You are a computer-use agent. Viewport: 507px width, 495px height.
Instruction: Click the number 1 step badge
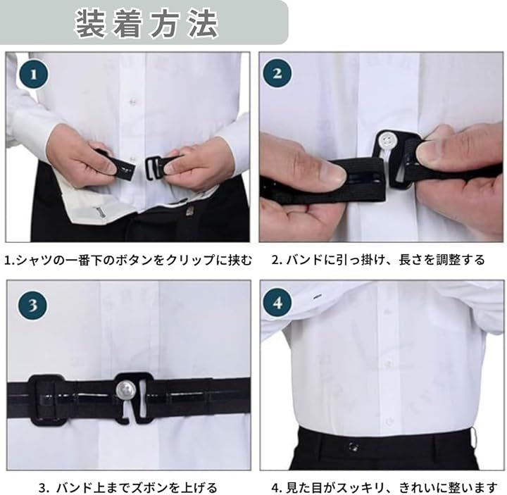[x=34, y=75]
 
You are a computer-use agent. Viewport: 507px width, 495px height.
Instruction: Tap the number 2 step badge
[x=277, y=73]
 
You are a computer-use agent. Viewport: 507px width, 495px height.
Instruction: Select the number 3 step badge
[x=32, y=305]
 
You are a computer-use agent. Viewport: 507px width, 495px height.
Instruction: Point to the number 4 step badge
[x=277, y=303]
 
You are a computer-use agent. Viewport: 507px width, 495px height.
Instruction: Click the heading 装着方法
[x=146, y=24]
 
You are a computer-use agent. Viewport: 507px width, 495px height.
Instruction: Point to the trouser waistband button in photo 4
[x=353, y=447]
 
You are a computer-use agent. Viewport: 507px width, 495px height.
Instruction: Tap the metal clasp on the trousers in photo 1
[x=189, y=212]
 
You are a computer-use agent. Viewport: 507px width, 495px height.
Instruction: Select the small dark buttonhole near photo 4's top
[x=317, y=296]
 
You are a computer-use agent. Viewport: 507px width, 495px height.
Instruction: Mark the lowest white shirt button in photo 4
[x=389, y=421]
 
